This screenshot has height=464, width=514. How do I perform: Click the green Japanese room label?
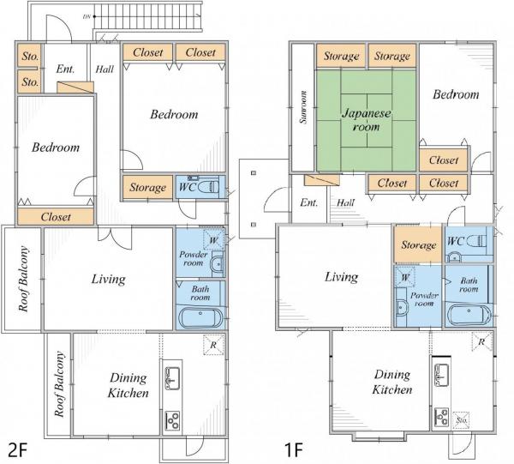(366, 120)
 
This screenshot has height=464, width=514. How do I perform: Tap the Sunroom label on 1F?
(303, 107)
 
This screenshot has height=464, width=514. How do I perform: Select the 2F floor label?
(17, 449)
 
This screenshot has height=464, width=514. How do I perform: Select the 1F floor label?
(293, 449)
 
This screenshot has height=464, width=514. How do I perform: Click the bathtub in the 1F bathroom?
(469, 315)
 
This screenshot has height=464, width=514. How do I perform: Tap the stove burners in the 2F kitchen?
(172, 419)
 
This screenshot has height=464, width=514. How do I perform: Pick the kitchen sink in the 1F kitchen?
(441, 375)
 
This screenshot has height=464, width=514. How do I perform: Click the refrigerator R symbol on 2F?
(213, 345)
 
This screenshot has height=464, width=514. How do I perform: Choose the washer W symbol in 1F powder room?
(405, 278)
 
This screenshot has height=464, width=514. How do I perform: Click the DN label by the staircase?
(87, 16)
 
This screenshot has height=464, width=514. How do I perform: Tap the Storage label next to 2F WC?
(148, 187)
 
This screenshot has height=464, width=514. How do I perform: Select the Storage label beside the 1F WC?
(419, 244)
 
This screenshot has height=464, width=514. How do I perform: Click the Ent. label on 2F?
(65, 69)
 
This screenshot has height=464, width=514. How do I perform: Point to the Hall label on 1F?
(345, 202)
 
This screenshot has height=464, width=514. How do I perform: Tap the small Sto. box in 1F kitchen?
(462, 420)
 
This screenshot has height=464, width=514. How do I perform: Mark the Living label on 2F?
(108, 280)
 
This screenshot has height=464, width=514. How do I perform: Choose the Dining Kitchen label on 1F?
(392, 382)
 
